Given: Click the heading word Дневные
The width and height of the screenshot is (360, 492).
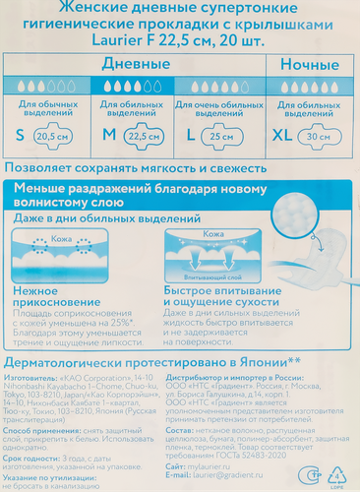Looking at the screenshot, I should (x=133, y=63).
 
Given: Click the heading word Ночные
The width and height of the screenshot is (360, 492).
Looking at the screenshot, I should (x=311, y=63).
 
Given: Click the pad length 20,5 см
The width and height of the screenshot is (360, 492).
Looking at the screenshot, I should (x=52, y=138).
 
